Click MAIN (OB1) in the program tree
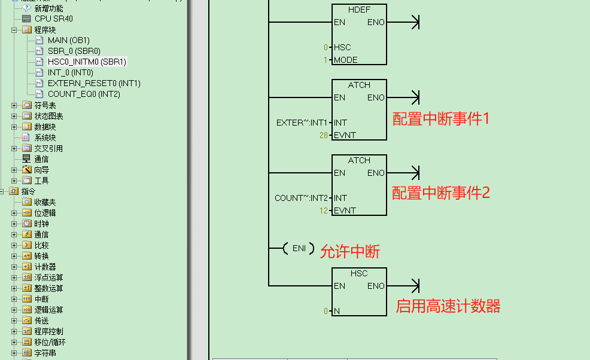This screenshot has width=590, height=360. [68, 40]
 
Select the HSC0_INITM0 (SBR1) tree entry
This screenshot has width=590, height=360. [87, 62]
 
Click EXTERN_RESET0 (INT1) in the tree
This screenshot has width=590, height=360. [94, 83]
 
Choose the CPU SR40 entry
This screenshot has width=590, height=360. [53, 19]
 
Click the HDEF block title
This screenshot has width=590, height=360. [359, 10]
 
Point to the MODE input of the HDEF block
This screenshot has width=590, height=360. [345, 60]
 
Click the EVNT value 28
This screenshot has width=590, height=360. [324, 135]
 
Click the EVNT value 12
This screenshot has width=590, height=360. [324, 210]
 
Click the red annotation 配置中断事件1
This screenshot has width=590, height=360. [440, 118]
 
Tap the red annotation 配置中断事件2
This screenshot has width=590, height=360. [440, 193]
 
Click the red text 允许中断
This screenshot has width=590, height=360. [350, 252]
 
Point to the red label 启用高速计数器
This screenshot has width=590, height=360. [448, 306]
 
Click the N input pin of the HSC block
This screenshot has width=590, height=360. [336, 311]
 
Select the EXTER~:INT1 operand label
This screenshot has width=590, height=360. [302, 123]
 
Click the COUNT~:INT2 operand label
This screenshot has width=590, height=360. [301, 198]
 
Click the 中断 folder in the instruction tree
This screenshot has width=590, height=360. [41, 299]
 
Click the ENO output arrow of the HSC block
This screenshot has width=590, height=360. [413, 286]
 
